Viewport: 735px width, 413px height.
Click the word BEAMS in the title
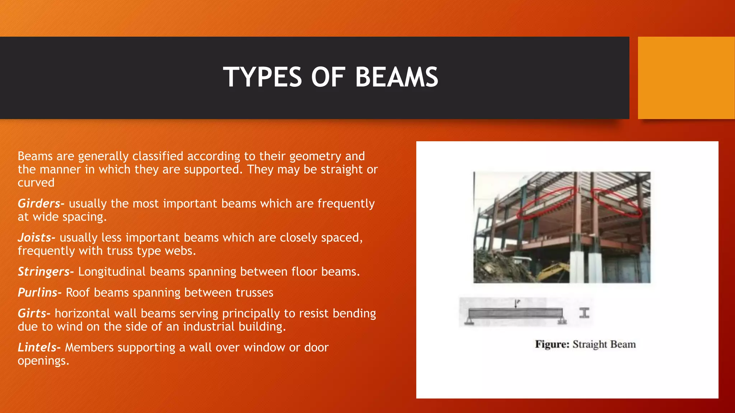(396, 77)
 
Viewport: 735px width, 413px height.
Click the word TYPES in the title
(262, 77)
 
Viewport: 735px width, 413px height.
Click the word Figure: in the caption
(552, 345)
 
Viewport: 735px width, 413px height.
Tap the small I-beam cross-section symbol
(584, 313)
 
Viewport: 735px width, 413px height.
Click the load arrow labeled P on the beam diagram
(516, 304)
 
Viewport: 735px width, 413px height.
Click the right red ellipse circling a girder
(616, 203)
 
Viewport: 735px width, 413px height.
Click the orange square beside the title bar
(686, 78)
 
